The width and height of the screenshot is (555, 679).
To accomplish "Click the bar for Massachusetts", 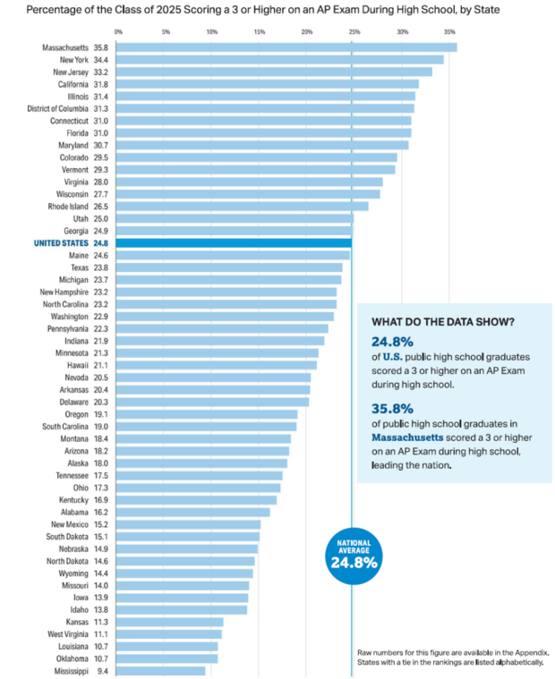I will (286, 47).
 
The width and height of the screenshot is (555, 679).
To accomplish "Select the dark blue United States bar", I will (234, 242).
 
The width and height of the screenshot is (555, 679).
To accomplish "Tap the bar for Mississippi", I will (161, 670).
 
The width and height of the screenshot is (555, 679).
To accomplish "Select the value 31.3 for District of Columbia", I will (100, 108).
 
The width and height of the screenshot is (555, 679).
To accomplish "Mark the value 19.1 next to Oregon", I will (100, 414).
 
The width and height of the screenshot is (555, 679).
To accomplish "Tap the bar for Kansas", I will (170, 622).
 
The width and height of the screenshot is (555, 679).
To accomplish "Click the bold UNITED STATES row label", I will (60, 242).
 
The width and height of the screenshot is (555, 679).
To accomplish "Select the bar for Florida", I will (264, 132).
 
